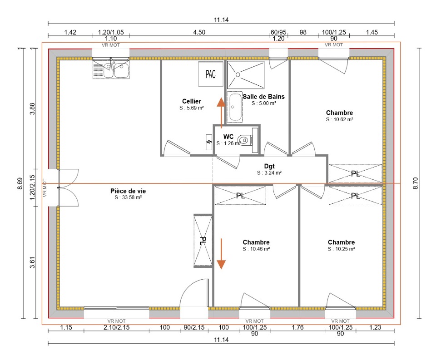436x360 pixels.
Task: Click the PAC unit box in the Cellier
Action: [x=210, y=74]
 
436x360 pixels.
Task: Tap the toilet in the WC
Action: [x=244, y=140]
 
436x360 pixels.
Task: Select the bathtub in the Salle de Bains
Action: [x=235, y=107]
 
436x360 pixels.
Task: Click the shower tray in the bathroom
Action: [x=246, y=75]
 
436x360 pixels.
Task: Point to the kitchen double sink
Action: [x=111, y=69]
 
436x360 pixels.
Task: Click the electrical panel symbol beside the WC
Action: [x=209, y=143]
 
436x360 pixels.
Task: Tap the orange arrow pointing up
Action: [x=221, y=113]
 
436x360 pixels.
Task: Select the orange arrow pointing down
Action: [x=221, y=254]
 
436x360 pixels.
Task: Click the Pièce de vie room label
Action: [x=128, y=191]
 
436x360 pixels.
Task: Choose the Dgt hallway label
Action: [x=269, y=166]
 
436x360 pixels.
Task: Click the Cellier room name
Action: [x=192, y=101]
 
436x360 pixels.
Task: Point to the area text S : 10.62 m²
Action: [x=340, y=119]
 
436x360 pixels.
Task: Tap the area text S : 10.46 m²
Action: [x=256, y=249]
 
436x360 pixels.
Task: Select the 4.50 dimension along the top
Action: [x=199, y=32]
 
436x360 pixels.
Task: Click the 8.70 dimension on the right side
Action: [x=416, y=183]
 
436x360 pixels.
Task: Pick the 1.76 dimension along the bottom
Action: [x=297, y=327]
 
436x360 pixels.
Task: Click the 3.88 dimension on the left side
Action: [x=33, y=108]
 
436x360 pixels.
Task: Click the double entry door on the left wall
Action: [x=68, y=187]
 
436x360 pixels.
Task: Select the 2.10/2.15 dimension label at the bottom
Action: [x=117, y=327]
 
